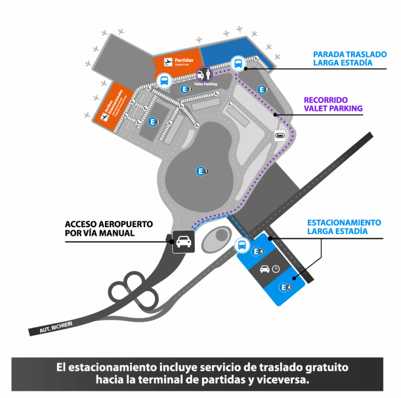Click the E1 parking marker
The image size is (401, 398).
(202, 171)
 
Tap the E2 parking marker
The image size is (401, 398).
(186, 89)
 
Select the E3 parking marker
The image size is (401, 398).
(154, 122)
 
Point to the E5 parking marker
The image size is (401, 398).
(263, 89)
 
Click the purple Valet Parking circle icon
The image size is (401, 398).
(204, 75)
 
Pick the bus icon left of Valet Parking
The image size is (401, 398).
(164, 81)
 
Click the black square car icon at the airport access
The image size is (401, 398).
(183, 242)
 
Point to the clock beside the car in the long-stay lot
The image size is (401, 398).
(276, 269)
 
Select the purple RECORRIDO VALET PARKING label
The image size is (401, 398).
(333, 104)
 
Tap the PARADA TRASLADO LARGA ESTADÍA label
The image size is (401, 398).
(349, 59)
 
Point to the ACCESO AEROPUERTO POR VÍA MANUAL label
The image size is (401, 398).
(109, 229)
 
